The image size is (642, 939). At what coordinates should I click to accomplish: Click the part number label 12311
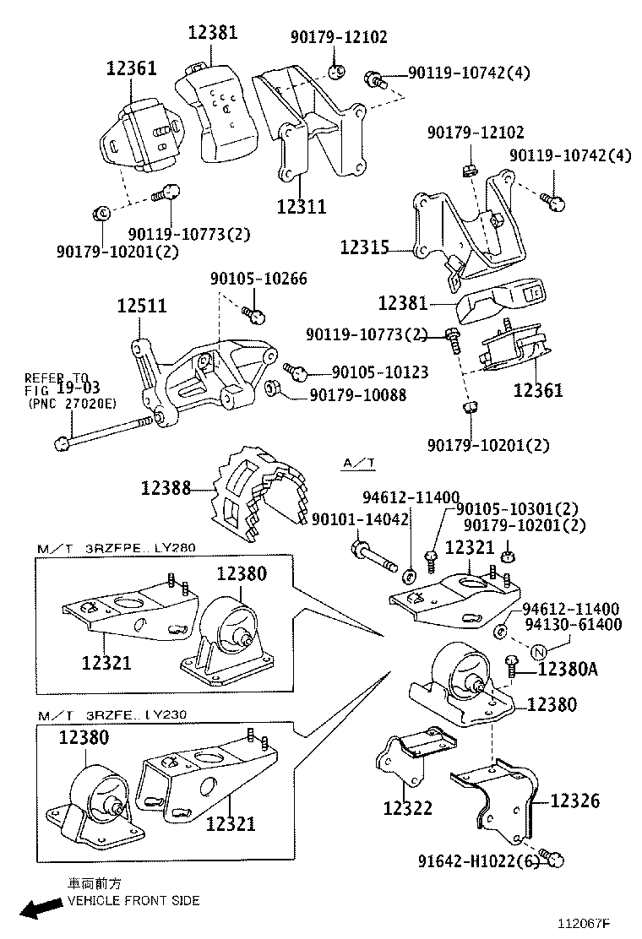(x=302, y=206)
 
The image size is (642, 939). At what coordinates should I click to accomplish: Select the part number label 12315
(x=365, y=247)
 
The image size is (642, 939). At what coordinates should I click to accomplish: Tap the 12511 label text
(x=142, y=306)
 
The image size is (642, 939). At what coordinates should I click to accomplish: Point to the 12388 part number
(x=166, y=488)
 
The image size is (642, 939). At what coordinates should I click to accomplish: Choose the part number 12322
(x=407, y=808)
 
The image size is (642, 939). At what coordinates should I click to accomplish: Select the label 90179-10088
(x=357, y=394)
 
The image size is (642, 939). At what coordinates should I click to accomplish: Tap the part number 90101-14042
(x=361, y=519)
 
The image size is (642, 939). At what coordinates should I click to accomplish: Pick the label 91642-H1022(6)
(x=478, y=861)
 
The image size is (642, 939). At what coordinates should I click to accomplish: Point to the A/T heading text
(x=359, y=463)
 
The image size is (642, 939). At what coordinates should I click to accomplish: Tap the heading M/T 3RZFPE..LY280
(x=116, y=547)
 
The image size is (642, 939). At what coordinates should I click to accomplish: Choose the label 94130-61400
(x=572, y=625)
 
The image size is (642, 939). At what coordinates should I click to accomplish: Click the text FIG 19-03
(x=62, y=389)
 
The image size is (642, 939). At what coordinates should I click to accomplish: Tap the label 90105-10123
(x=379, y=372)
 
